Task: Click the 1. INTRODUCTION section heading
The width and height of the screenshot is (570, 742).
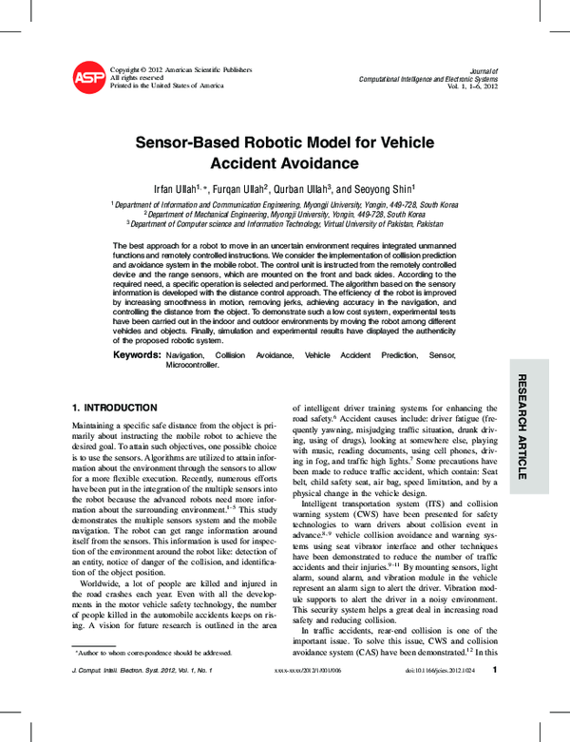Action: pos(121,407)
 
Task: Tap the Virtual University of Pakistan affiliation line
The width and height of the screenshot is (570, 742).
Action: pos(285,224)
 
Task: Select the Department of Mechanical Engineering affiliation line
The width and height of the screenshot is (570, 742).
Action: pos(285,215)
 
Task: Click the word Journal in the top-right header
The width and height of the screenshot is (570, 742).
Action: pos(484,70)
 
